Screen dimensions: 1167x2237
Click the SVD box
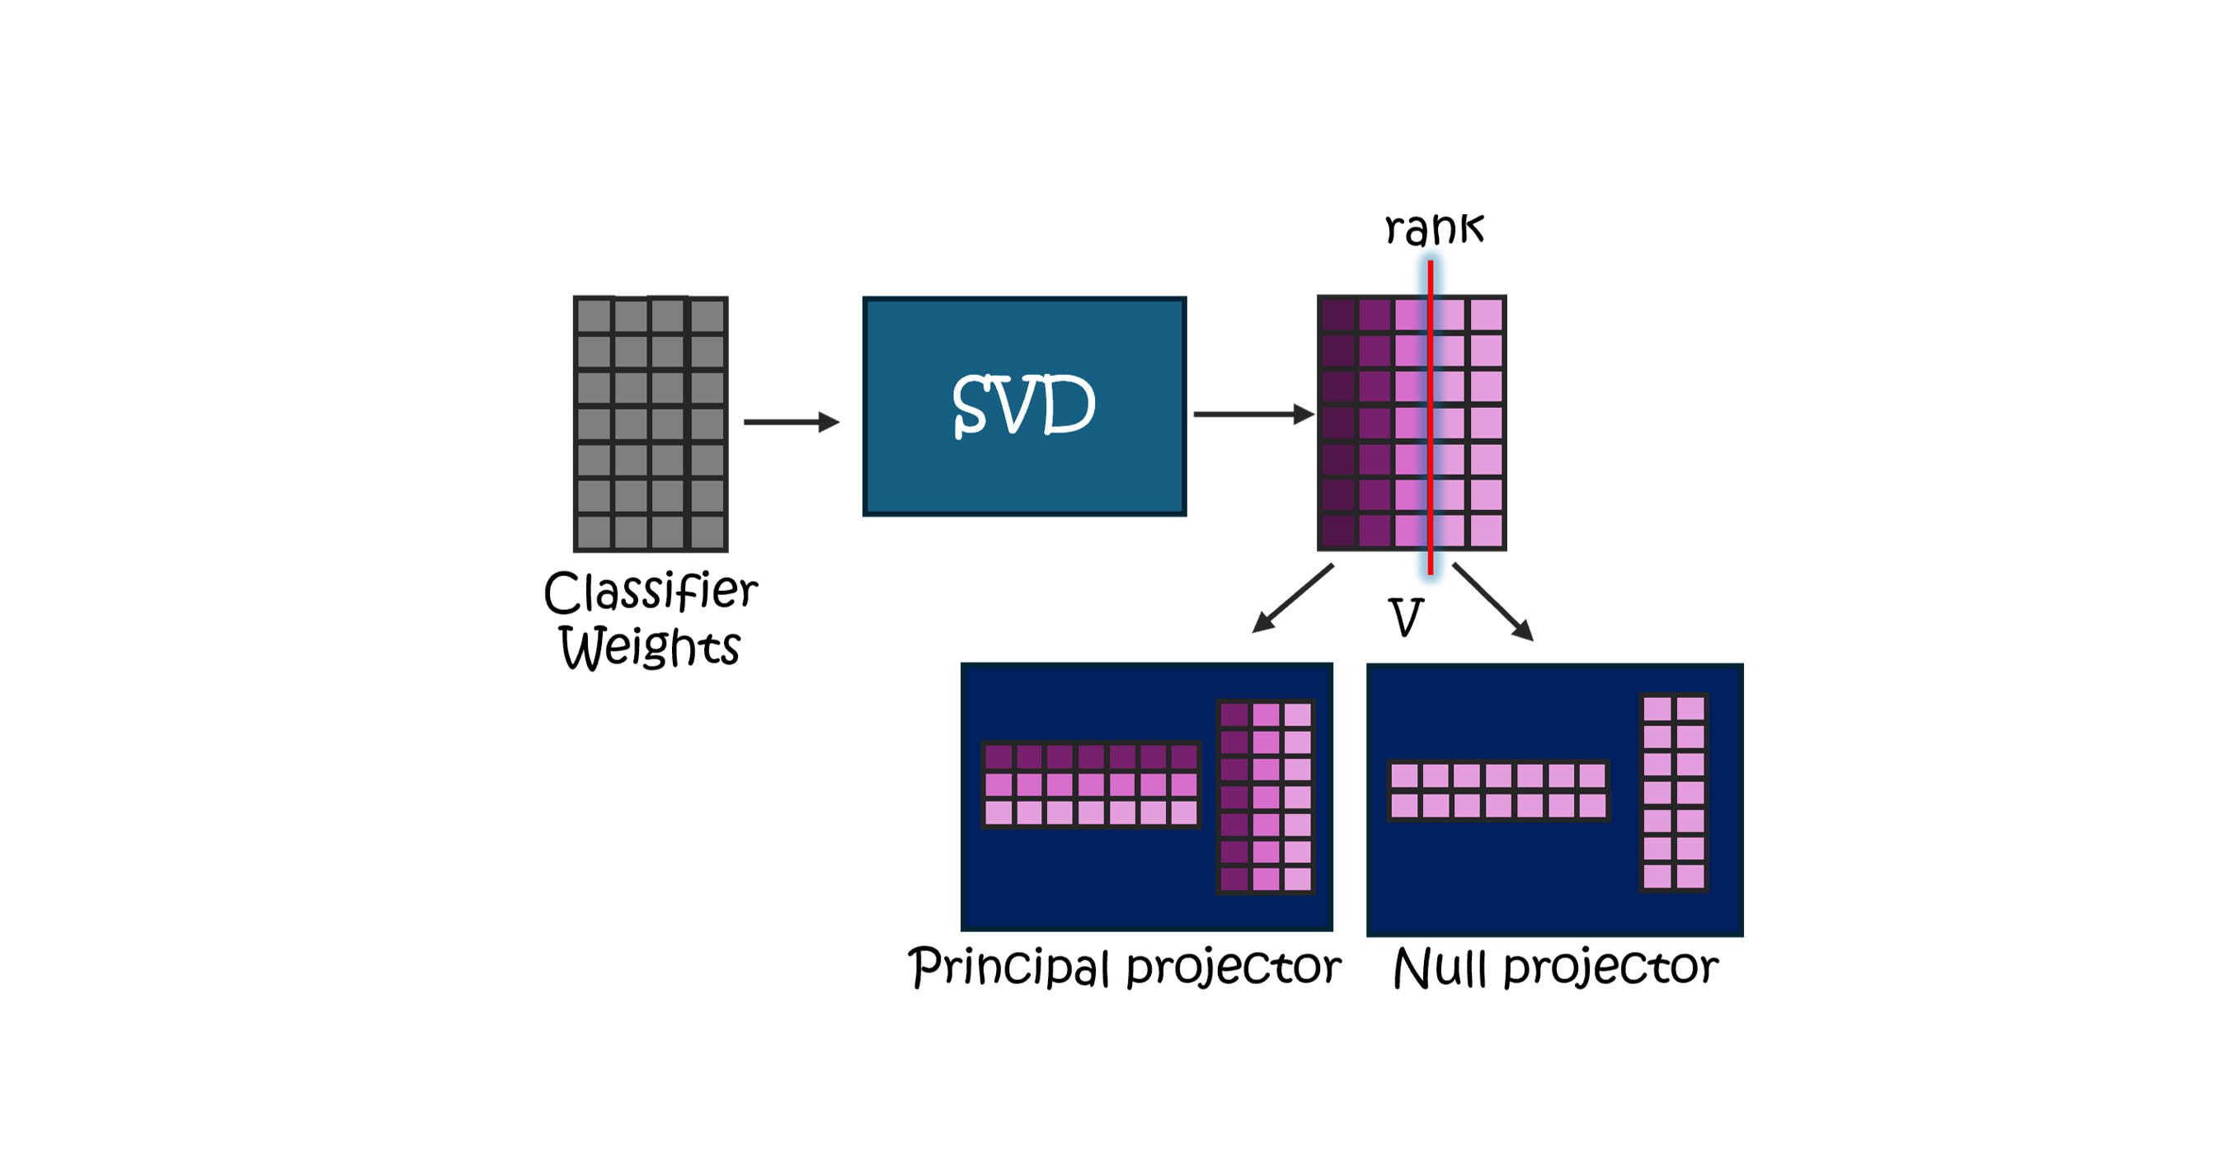click(x=1024, y=406)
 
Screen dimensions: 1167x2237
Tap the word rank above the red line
click(x=1434, y=229)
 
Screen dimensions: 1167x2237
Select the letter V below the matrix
click(x=1406, y=618)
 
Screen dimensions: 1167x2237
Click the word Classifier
click(x=651, y=593)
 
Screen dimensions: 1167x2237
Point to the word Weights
click(x=650, y=648)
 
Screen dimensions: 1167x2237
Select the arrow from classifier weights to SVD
click(x=791, y=422)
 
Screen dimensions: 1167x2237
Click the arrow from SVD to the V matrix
click(x=1253, y=415)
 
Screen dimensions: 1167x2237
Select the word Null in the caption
click(x=1439, y=968)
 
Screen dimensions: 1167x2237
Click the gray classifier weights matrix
click(x=651, y=424)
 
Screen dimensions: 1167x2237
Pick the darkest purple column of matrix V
click(x=1338, y=423)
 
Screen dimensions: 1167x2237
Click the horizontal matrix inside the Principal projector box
click(x=1091, y=785)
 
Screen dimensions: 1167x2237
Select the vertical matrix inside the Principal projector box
click(x=1265, y=797)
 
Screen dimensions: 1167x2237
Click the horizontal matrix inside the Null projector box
click(x=1498, y=791)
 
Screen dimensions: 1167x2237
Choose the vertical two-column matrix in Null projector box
click(x=1673, y=793)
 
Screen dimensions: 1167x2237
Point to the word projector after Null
click(x=1611, y=968)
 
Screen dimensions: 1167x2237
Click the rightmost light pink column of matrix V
click(x=1487, y=423)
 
